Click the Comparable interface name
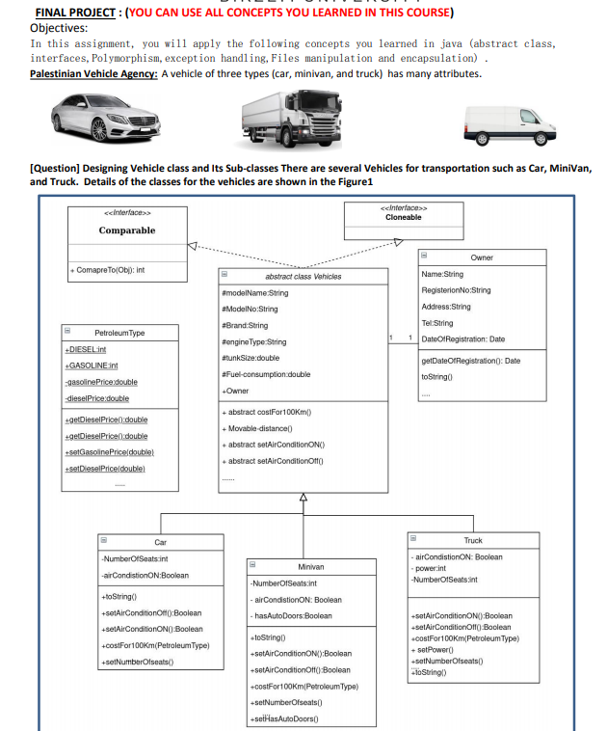pos(126,230)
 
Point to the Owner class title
pos(482,257)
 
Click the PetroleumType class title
pos(119,333)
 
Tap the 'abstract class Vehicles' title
pos(303,277)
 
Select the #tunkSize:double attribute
pos(252,357)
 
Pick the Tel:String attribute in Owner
pos(437,323)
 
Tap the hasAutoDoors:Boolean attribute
pos(292,616)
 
